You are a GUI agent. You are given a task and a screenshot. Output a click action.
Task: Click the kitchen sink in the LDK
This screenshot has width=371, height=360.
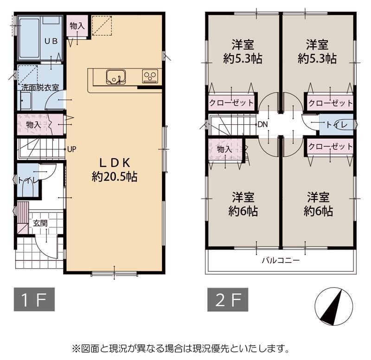tap(115, 77)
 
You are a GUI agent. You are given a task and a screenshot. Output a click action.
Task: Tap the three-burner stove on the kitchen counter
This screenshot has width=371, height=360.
tap(150, 76)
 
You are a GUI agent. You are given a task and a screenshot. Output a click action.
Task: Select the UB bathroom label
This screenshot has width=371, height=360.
tap(51, 41)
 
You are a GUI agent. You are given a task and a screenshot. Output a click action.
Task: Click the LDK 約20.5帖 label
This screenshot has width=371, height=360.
tap(115, 170)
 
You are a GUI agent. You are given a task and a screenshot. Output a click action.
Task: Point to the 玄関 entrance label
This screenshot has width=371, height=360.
tap(40, 223)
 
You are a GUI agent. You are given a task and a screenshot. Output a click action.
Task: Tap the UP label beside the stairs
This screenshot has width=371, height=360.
tap(72, 149)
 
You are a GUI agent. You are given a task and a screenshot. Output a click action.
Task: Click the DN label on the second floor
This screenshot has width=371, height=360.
tap(262, 124)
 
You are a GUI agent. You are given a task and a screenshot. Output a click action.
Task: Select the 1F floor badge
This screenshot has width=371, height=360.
tap(34, 299)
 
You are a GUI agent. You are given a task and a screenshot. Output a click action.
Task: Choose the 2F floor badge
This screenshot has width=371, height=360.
tap(228, 299)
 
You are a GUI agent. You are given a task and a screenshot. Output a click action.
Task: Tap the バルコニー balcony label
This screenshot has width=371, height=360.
tap(281, 261)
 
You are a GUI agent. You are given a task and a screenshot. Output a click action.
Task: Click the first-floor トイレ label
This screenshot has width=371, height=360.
tap(28, 180)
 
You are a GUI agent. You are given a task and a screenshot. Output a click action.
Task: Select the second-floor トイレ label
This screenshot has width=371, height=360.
tap(337, 125)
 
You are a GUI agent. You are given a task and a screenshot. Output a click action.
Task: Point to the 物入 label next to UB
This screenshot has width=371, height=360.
tap(77, 26)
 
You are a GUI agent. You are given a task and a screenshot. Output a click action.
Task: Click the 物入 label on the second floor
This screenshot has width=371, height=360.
tap(224, 149)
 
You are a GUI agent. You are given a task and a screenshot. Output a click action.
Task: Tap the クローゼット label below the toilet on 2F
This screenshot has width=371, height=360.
tap(331, 147)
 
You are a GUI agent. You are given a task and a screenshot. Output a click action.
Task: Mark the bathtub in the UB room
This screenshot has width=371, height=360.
tap(29, 38)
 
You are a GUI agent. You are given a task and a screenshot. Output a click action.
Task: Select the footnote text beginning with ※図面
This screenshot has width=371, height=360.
tap(180, 348)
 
